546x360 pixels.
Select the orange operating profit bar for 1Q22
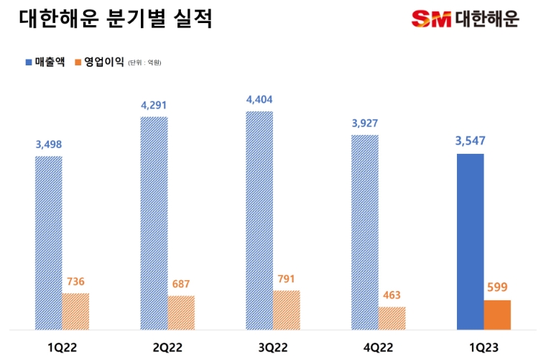click(75, 311)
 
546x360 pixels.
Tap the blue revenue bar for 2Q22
click(154, 223)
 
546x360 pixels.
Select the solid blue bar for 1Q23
click(470, 241)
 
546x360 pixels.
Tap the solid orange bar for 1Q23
click(497, 315)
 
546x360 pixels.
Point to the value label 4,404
click(259, 100)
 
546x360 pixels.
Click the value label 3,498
click(48, 144)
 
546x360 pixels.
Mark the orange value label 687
click(180, 284)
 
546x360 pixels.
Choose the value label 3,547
click(470, 141)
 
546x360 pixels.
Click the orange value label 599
click(497, 287)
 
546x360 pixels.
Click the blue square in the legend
click(28, 63)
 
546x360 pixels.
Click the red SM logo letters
click(430, 19)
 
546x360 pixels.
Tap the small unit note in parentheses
click(144, 63)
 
